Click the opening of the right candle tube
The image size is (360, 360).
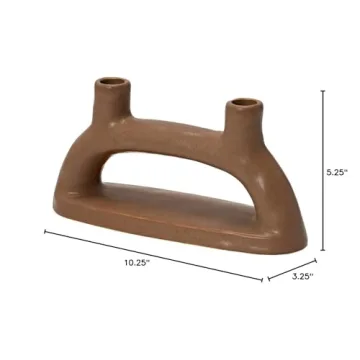[x=242, y=102]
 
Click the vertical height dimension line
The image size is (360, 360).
[x=322, y=171]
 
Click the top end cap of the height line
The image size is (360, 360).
[x=322, y=89]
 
